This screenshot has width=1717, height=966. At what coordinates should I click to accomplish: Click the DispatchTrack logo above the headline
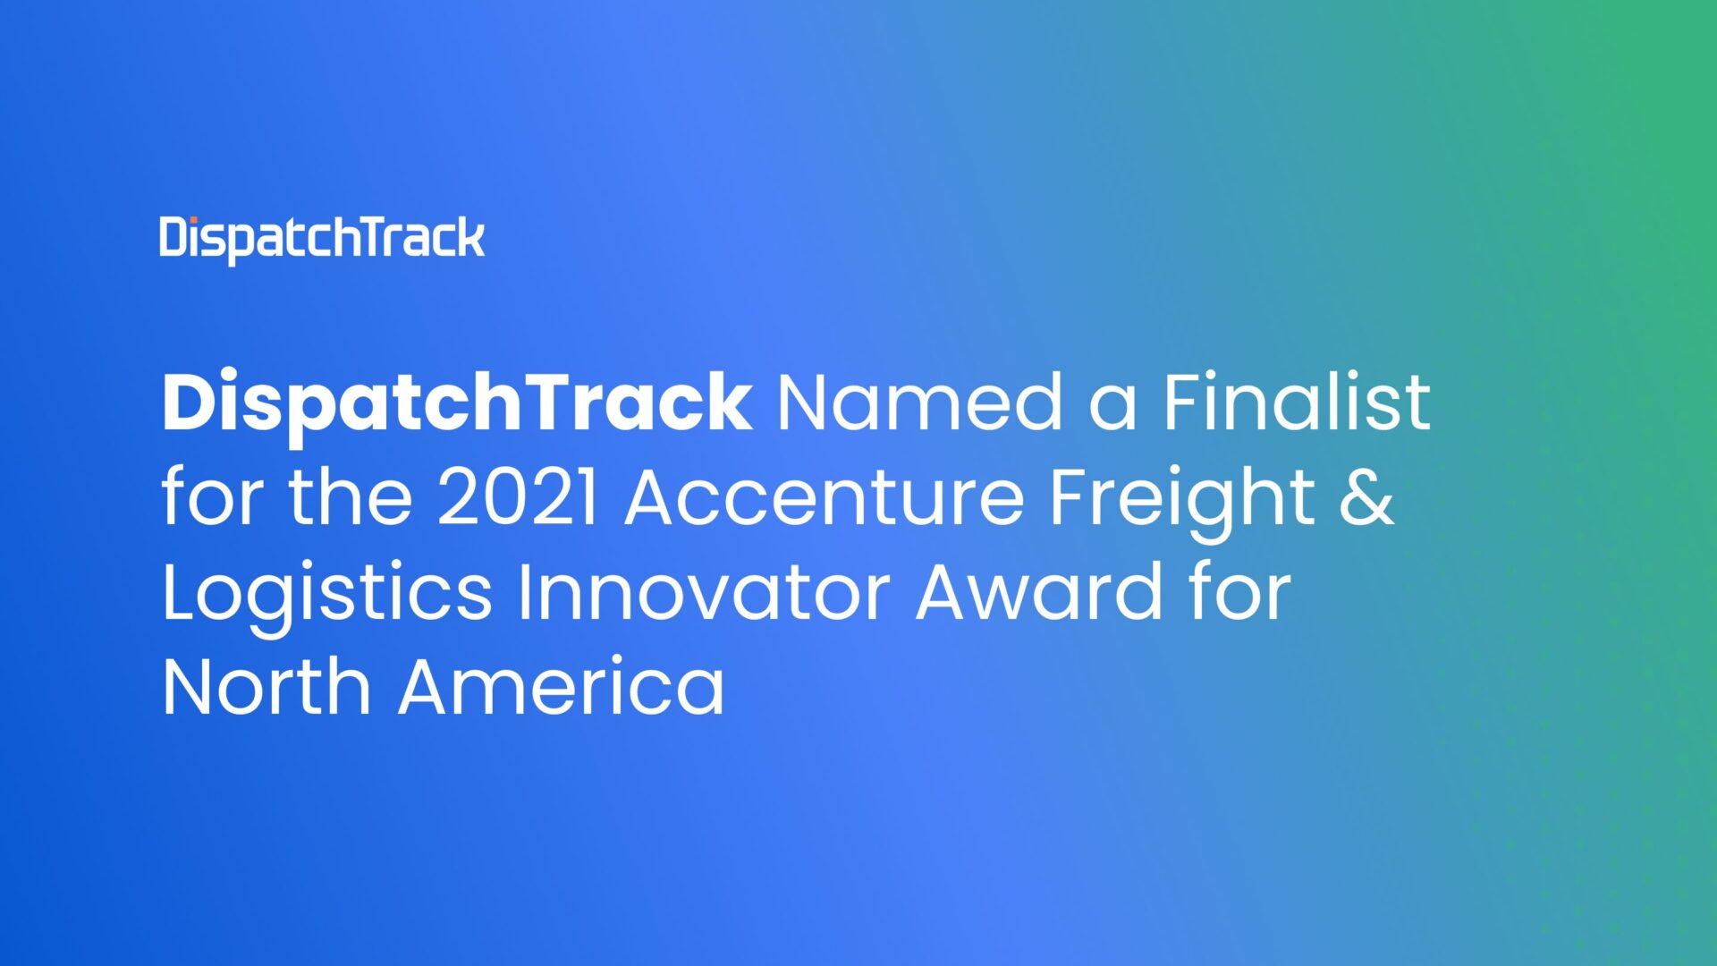(322, 239)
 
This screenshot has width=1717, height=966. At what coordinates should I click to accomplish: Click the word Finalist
(1296, 402)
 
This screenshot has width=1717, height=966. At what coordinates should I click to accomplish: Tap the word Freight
(1180, 500)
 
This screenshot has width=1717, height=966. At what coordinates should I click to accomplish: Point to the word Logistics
(326, 595)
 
